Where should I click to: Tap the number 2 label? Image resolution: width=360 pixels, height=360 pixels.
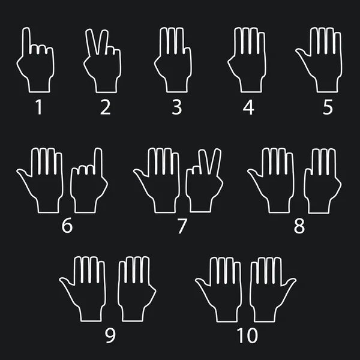coord(106,107)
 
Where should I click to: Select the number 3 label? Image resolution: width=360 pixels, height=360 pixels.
coord(176,107)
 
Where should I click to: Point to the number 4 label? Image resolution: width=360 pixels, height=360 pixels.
coord(248,107)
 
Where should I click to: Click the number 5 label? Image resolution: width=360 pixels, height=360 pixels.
coord(328,107)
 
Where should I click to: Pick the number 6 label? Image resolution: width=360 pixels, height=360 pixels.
coord(67,226)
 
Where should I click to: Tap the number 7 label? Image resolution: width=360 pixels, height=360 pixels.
coord(182,226)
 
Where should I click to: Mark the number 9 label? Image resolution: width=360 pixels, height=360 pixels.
coord(110,335)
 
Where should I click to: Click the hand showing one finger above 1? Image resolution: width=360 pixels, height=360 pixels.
coord(37,66)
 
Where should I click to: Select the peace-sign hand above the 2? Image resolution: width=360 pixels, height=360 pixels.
coord(103,66)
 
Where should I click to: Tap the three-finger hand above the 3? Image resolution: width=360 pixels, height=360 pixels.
coord(174,63)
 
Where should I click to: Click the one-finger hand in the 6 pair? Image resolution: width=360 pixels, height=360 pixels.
coord(88,186)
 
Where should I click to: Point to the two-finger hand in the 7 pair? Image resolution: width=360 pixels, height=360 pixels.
coord(204,186)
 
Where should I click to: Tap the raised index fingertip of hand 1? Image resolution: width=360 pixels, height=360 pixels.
coord(26,31)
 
